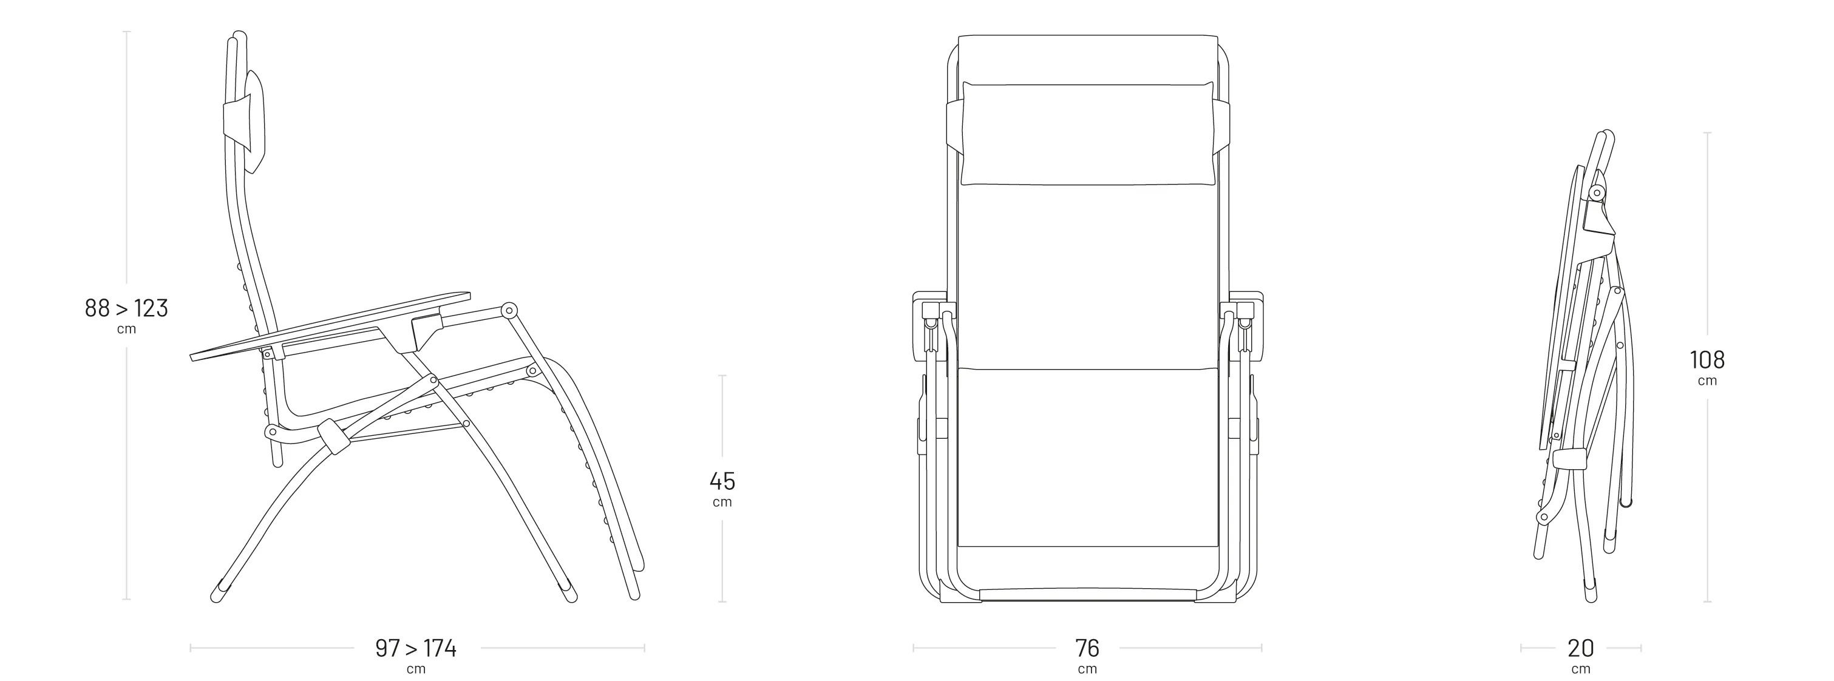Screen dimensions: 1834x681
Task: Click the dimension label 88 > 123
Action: (126, 308)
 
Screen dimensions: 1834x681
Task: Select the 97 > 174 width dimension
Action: (416, 648)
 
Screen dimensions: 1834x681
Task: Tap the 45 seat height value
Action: (722, 481)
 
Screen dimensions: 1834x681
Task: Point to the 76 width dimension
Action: (1087, 648)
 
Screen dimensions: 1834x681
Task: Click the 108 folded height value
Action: (1707, 360)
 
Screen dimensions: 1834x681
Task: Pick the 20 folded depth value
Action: (1581, 648)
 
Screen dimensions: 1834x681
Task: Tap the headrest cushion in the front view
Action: (1088, 133)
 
